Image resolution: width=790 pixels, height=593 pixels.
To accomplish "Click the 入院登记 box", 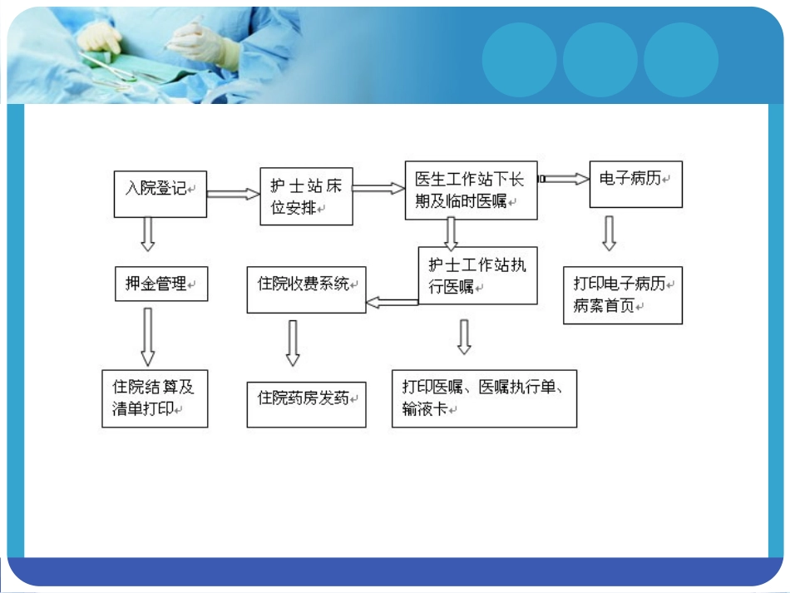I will pyautogui.click(x=160, y=194).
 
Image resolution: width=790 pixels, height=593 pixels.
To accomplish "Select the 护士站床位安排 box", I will pyautogui.click(x=306, y=197).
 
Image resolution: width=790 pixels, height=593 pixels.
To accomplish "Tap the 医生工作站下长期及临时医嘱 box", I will pyautogui.click(x=471, y=190).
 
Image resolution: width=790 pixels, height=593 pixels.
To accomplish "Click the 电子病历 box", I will pyautogui.click(x=635, y=184).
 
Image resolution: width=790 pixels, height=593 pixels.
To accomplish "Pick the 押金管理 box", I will pyautogui.click(x=160, y=284).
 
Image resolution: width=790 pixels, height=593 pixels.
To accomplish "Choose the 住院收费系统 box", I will pyautogui.click(x=306, y=289).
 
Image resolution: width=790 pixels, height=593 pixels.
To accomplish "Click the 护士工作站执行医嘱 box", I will pyautogui.click(x=477, y=275).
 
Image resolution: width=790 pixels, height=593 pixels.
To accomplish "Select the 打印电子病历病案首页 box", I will pyautogui.click(x=622, y=295).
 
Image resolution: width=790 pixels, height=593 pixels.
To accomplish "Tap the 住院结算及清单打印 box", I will pyautogui.click(x=155, y=398).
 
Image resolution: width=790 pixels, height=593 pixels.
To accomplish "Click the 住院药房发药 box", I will pyautogui.click(x=306, y=404).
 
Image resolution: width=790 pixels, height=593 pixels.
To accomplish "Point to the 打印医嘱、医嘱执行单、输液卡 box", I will pyautogui.click(x=484, y=399).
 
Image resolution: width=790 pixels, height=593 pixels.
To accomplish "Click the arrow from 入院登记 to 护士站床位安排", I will pyautogui.click(x=233, y=194).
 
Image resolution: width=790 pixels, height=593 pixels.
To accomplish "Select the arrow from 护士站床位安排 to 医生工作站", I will pyautogui.click(x=378, y=189).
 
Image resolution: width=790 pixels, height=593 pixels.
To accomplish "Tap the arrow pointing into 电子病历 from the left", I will pyautogui.click(x=563, y=179).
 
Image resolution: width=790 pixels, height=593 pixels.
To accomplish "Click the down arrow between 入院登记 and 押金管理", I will pyautogui.click(x=148, y=234).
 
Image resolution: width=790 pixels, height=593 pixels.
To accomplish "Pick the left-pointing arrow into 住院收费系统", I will pyautogui.click(x=392, y=303).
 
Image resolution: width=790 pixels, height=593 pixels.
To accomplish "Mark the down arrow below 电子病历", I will pyautogui.click(x=609, y=234).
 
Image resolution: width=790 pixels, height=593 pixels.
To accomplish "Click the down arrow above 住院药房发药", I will pyautogui.click(x=293, y=343).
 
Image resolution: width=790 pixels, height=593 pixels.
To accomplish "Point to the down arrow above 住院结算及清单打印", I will pyautogui.click(x=148, y=336).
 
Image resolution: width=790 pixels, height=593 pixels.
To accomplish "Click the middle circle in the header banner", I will pyautogui.click(x=600, y=60).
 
